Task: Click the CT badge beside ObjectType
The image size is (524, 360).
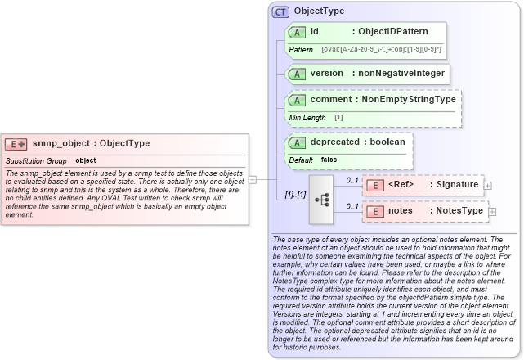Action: click(280, 11)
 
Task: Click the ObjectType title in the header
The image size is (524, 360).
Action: click(319, 11)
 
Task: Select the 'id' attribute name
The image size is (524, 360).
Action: click(315, 31)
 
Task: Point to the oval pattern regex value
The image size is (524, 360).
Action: click(381, 50)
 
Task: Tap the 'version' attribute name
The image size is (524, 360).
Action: click(326, 74)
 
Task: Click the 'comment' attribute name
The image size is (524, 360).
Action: click(332, 99)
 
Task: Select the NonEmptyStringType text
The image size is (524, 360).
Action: click(409, 99)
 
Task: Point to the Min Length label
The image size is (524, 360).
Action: click(308, 118)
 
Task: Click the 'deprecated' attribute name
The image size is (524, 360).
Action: click(334, 142)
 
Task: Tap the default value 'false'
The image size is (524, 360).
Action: click(329, 160)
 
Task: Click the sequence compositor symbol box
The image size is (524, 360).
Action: click(321, 198)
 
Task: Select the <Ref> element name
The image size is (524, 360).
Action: click(401, 185)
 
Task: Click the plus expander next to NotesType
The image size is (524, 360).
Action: click(492, 212)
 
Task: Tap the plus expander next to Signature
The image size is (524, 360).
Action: click(488, 186)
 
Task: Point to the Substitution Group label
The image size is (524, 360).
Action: click(36, 160)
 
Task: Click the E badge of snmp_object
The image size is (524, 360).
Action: click(16, 144)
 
